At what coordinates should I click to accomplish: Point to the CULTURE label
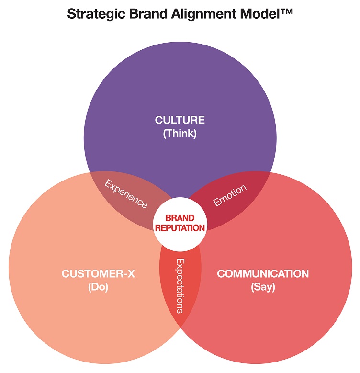(180, 120)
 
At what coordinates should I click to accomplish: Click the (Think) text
(180, 134)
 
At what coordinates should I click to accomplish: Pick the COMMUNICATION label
(263, 274)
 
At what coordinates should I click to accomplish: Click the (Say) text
(263, 288)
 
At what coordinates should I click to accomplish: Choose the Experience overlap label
(126, 194)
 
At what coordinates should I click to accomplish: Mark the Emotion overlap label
(230, 195)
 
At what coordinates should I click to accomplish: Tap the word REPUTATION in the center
(180, 228)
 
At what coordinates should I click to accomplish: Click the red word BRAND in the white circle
(180, 218)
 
